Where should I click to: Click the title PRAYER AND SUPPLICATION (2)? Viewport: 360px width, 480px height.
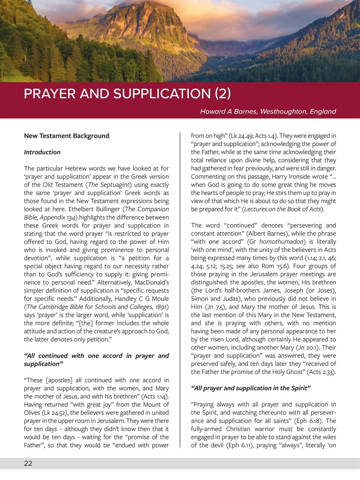[x=127, y=93]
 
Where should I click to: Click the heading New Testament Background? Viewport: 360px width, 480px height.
[x=66, y=136]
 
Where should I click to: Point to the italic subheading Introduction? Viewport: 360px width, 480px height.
[x=42, y=152]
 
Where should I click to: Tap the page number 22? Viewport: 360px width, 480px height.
[x=28, y=463]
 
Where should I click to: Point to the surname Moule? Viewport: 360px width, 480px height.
[x=160, y=299]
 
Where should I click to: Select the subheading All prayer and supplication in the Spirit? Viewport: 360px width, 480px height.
[x=250, y=388]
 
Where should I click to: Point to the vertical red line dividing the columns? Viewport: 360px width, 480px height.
[x=180, y=289]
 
